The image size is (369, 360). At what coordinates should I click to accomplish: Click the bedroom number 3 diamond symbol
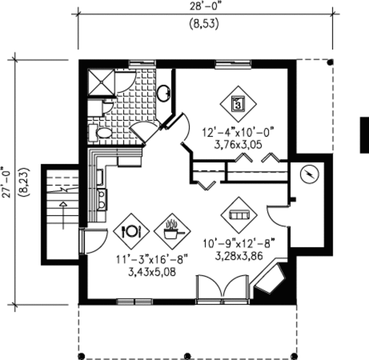[x=238, y=104]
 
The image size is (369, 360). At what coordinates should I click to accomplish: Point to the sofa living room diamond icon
[x=239, y=215]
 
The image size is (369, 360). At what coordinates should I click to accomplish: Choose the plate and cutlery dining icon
[x=132, y=232]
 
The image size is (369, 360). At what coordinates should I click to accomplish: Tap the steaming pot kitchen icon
[x=172, y=232]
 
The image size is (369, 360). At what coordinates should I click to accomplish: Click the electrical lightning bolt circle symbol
[x=309, y=174]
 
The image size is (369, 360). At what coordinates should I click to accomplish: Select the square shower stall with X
[x=101, y=82]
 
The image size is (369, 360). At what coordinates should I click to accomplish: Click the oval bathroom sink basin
[x=164, y=93]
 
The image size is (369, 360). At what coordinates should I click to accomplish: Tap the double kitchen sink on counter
[x=102, y=200]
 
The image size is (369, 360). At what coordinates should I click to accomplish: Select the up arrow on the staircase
[x=63, y=215]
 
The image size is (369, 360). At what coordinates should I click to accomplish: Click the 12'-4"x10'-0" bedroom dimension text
[x=238, y=132]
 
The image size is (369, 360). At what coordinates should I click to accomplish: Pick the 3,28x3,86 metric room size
[x=239, y=256]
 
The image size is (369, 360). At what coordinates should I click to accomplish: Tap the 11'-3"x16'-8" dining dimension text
[x=152, y=260]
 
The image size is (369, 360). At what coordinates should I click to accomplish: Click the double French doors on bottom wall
[x=223, y=289]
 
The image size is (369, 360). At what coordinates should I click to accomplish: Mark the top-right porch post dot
[x=330, y=62]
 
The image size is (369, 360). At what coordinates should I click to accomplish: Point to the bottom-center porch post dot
[x=188, y=355]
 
